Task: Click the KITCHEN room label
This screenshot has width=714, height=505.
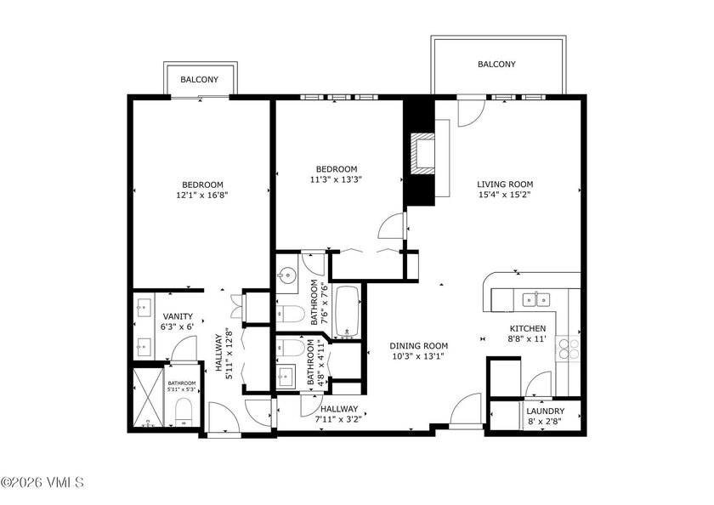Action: [x=527, y=329]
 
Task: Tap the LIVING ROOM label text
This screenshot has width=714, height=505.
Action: [x=504, y=184]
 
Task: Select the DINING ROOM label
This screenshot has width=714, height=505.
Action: [x=418, y=345]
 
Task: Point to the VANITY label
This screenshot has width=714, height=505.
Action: [x=177, y=316]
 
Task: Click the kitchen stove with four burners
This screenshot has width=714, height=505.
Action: [x=567, y=349]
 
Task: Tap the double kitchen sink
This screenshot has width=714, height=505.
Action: [x=535, y=298]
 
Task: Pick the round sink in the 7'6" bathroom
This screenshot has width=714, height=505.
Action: [x=286, y=275]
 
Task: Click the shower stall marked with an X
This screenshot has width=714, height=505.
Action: [x=147, y=398]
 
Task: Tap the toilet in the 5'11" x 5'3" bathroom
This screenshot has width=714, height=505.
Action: [x=182, y=415]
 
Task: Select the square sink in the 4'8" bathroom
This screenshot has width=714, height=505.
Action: [x=287, y=375]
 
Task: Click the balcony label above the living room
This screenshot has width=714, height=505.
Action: [x=496, y=64]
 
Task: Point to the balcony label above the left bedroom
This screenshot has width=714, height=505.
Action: [x=199, y=80]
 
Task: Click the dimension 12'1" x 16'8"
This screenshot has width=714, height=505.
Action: [x=201, y=195]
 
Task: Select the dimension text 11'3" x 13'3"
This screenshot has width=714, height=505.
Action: [x=337, y=179]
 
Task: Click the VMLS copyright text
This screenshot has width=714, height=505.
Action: [x=42, y=482]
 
